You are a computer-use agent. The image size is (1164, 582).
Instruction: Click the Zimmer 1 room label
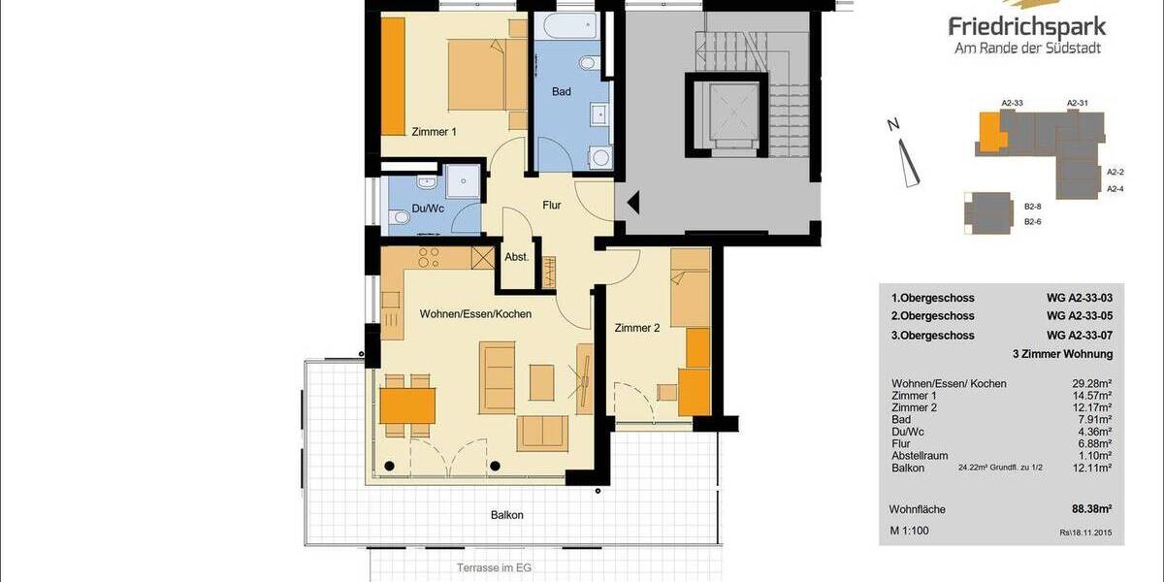(x=434, y=132)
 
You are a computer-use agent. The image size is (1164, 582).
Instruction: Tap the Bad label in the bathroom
(x=561, y=91)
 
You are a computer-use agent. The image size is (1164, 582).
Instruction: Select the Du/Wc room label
(x=428, y=208)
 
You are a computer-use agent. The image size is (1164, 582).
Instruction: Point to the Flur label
(x=553, y=205)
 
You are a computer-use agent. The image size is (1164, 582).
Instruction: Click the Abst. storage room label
(x=516, y=257)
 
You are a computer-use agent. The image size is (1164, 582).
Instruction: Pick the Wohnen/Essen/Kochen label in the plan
(x=475, y=314)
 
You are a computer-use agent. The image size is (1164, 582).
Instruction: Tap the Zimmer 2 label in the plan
(x=637, y=328)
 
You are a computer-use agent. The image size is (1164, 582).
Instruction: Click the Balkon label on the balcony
(x=506, y=515)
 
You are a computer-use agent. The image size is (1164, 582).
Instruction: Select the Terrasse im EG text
(x=494, y=567)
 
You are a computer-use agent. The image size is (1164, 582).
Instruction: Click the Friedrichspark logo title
(x=1027, y=26)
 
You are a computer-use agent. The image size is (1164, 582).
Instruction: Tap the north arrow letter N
(x=893, y=124)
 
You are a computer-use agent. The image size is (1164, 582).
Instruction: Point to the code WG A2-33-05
(x=1079, y=316)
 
